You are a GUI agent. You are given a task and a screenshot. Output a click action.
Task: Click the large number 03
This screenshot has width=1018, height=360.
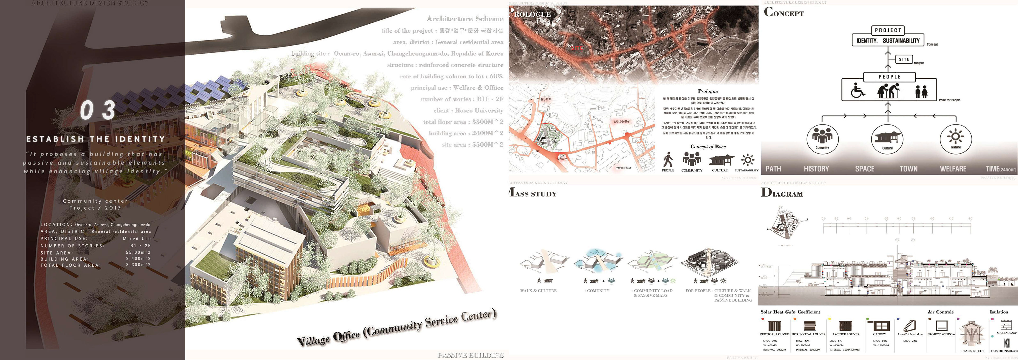click(x=98, y=110)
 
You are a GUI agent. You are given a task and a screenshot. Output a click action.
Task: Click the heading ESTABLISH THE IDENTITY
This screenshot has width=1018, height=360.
click(x=96, y=139)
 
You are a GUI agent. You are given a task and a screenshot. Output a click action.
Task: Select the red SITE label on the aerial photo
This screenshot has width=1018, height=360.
click(x=577, y=48)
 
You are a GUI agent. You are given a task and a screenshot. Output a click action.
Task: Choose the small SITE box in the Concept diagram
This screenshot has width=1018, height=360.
click(x=904, y=59)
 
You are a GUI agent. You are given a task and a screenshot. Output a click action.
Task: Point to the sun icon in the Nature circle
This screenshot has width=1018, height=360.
click(x=955, y=137)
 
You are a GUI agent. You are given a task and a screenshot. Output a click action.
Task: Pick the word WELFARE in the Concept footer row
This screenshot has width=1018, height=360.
click(x=953, y=169)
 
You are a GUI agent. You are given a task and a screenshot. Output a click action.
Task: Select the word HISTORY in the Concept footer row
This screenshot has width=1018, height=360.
click(x=816, y=169)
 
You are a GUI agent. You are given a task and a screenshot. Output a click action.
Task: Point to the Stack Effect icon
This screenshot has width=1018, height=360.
click(x=972, y=334)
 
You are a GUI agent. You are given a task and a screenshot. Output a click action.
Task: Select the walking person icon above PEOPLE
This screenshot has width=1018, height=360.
click(x=668, y=160)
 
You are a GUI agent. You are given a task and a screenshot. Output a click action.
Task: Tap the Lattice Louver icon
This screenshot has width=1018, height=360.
click(x=845, y=326)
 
